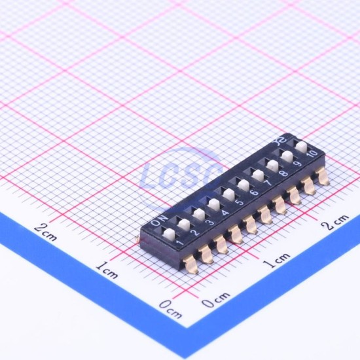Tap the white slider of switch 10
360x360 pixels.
[302, 147]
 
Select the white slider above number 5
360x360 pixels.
[228, 194]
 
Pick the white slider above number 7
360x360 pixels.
[258, 175]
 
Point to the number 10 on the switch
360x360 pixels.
[313, 154]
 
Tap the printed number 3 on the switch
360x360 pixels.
[209, 223]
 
